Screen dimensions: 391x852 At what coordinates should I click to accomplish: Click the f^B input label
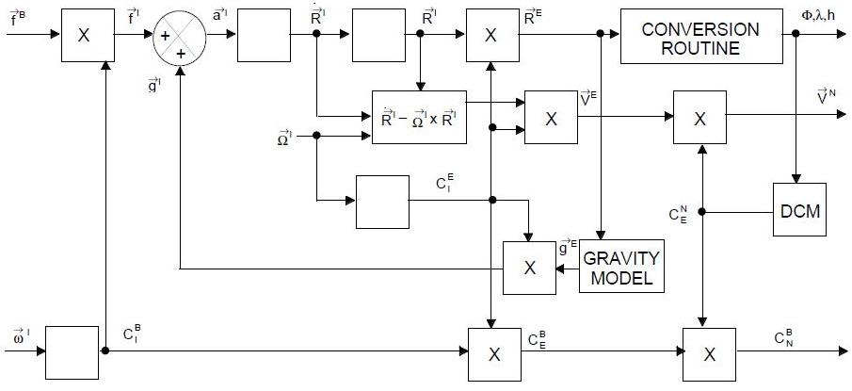pos(20,14)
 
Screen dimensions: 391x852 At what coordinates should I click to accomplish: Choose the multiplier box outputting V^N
pos(699,118)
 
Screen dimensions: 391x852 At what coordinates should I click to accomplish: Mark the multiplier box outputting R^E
pos(490,36)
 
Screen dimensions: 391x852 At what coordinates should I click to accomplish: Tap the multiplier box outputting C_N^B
pos(710,353)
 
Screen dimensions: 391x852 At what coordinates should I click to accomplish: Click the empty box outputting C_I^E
pos(382,201)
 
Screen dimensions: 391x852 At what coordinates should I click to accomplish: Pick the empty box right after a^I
pos(264,36)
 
